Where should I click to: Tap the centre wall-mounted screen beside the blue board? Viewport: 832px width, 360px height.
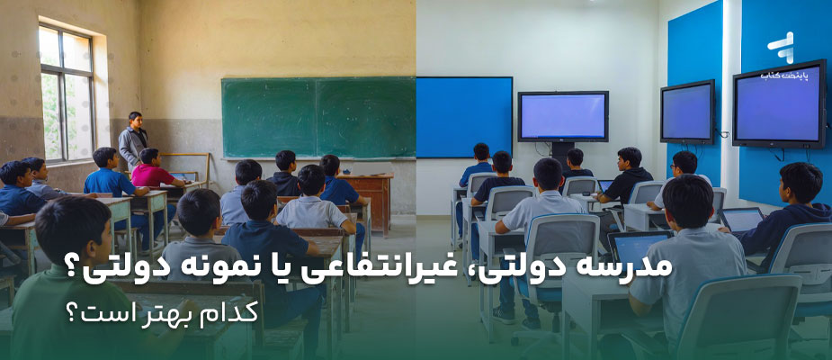pos(562,116)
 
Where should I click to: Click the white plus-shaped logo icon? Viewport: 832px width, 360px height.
pos(780,45)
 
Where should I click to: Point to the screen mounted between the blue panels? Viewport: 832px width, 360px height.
pos(687,112)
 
